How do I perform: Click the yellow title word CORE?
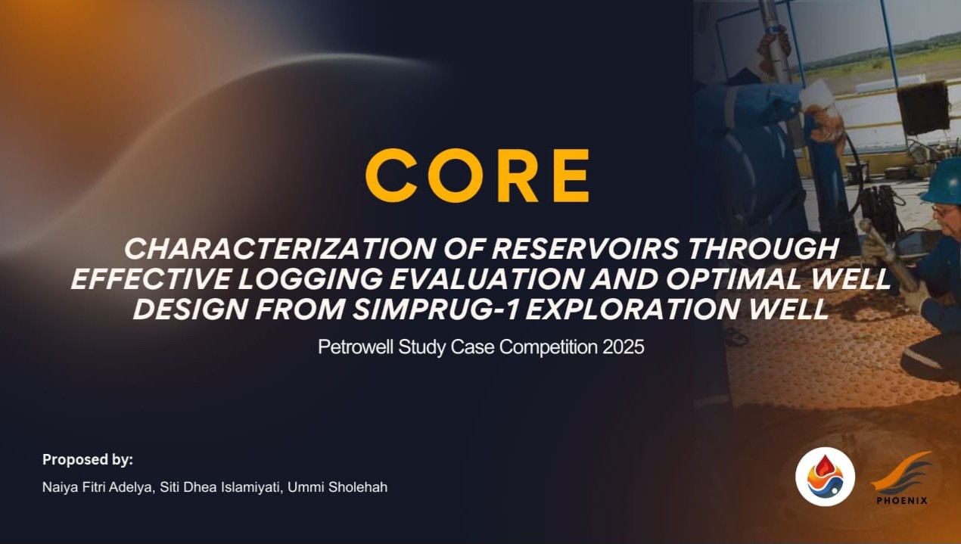pyautogui.click(x=477, y=176)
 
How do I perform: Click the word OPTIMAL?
pyautogui.click(x=733, y=279)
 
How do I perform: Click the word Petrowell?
pyautogui.click(x=356, y=347)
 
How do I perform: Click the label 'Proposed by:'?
pyautogui.click(x=88, y=460)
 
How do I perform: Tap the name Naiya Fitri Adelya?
pyautogui.click(x=98, y=487)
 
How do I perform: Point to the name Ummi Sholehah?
pyautogui.click(x=337, y=487)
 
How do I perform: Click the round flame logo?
pyautogui.click(x=825, y=477)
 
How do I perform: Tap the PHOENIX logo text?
pyautogui.click(x=902, y=500)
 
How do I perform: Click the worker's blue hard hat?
pyautogui.click(x=941, y=181)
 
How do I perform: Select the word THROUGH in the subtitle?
pyautogui.click(x=764, y=248)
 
